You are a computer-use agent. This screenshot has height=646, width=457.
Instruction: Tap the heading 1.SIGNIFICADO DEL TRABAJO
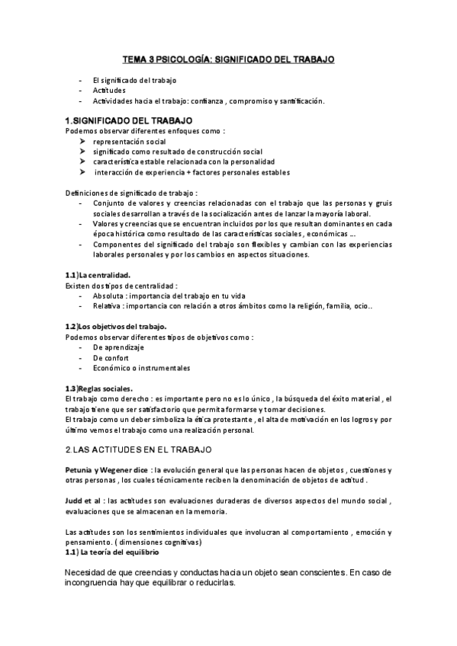129,120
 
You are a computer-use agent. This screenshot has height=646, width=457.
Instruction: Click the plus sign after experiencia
184,172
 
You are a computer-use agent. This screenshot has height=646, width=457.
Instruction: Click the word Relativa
108,306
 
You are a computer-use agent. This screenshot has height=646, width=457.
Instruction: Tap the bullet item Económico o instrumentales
141,368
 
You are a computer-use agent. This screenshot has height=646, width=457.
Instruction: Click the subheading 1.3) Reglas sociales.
99,388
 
